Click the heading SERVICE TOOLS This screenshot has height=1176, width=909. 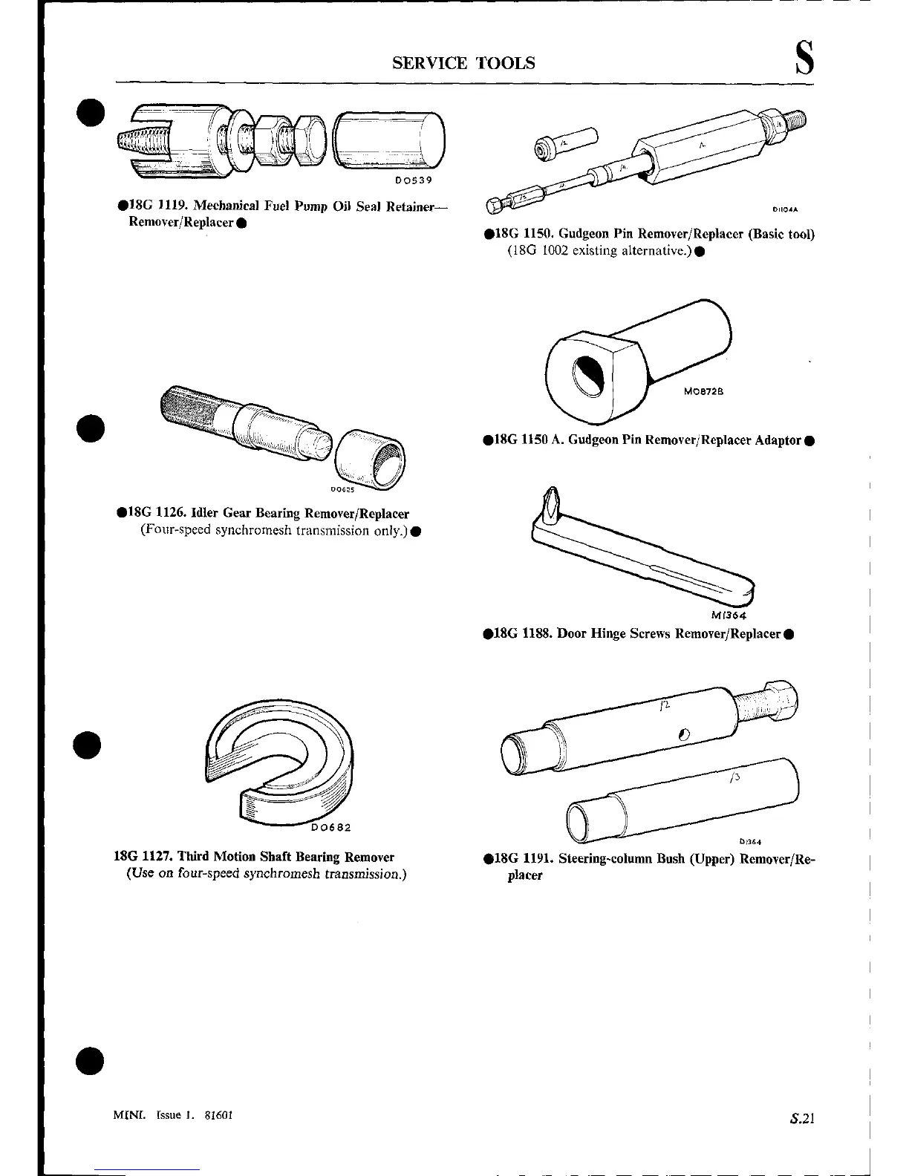tap(463, 62)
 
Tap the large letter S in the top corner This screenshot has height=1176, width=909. tap(804, 59)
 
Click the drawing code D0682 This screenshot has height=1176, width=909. tap(330, 827)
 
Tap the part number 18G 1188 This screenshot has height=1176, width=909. tap(522, 633)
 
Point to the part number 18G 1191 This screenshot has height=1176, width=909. tap(522, 859)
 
